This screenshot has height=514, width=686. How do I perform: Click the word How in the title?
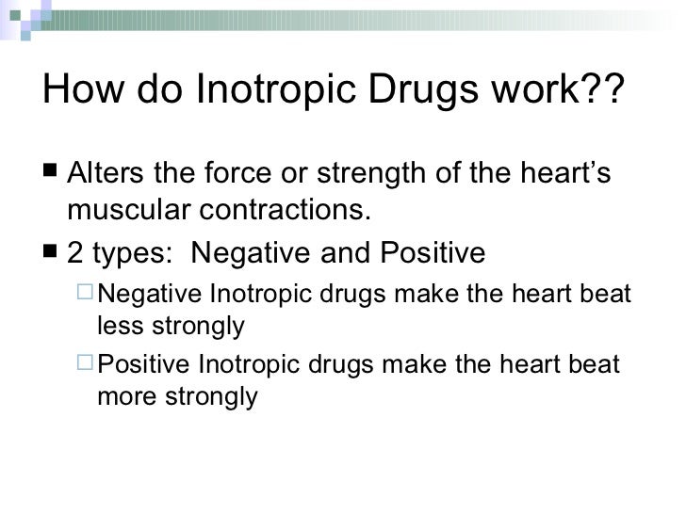pos(78,90)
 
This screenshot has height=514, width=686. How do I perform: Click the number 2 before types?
pos(75,254)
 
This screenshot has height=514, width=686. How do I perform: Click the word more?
pos(123,396)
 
